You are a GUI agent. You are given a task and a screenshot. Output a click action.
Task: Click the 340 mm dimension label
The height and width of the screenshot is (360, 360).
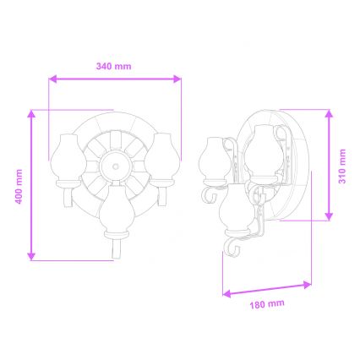click(115, 65)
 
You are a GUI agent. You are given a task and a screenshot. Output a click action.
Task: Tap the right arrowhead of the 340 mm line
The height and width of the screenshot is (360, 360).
click(178, 79)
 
